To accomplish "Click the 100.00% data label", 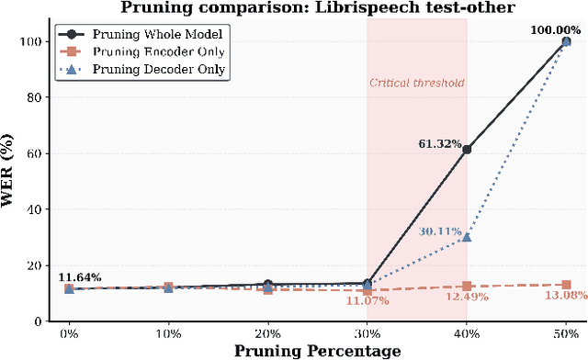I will [x=556, y=31].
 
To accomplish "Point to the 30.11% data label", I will [x=440, y=231].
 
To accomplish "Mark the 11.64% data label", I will [x=81, y=277].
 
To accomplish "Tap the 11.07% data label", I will [x=368, y=300].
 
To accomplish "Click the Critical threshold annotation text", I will [x=417, y=83].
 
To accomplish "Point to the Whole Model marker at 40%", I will [x=467, y=149].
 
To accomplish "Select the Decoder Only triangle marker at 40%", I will [x=467, y=237].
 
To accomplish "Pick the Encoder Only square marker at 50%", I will [x=566, y=285].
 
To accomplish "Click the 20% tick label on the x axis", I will [x=267, y=332].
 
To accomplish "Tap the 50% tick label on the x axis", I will [x=566, y=332].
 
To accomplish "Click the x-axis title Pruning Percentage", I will [x=317, y=351].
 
